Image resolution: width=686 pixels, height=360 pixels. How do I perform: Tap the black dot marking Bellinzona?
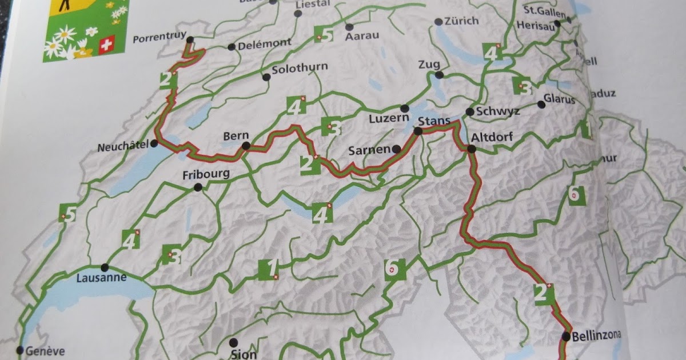(x=566, y=336)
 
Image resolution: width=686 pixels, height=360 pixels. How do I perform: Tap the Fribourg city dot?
(x=198, y=187)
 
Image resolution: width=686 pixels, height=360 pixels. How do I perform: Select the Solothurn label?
(x=300, y=67)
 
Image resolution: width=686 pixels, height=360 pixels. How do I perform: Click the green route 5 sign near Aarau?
(x=324, y=35)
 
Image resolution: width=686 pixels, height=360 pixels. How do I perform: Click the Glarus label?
(x=559, y=99)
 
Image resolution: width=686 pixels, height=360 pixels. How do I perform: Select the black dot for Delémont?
(x=231, y=47)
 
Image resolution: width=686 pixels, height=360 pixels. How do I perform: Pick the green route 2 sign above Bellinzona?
(x=544, y=293)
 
